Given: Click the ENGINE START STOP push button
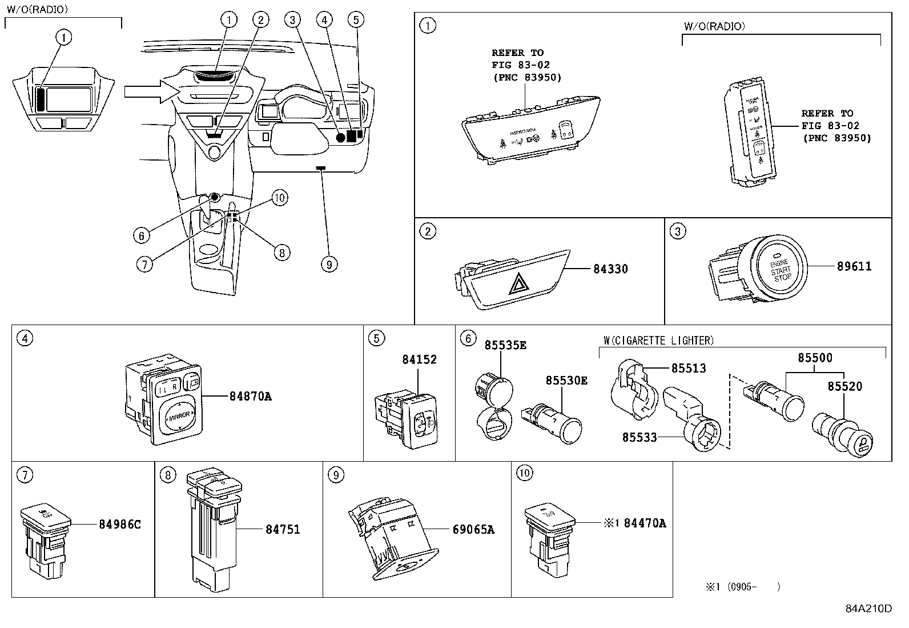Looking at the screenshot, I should point(781,269).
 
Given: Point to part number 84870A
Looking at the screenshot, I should point(251,395).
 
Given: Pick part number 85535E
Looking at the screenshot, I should point(505,345).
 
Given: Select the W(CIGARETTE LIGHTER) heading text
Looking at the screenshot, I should point(658,341).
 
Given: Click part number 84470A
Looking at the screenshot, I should point(645,523).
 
